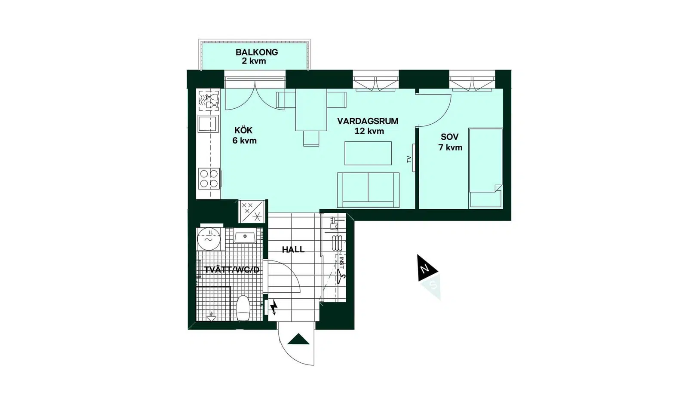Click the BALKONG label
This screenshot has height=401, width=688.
(257, 52)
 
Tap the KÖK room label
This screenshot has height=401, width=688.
(243, 131)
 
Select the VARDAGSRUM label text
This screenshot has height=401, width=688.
(368, 121)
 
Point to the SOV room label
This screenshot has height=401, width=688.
(450, 137)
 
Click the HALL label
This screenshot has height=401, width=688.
(293, 249)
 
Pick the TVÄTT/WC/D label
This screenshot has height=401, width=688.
(232, 270)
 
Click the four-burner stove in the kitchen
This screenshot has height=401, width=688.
(209, 178)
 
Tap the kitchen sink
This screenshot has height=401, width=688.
(208, 124)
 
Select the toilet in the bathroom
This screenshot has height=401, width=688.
(244, 308)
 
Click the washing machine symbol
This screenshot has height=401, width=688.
(209, 239)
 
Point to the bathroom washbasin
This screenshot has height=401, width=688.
(245, 237)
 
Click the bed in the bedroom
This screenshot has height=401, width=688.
(485, 168)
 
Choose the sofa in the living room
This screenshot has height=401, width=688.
(368, 190)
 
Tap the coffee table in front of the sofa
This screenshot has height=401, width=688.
(368, 153)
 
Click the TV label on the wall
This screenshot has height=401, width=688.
(409, 159)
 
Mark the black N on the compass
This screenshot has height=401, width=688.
(425, 269)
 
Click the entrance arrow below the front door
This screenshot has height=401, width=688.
(298, 339)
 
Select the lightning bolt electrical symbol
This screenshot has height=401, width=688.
(274, 307)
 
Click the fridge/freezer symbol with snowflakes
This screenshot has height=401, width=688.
(252, 211)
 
